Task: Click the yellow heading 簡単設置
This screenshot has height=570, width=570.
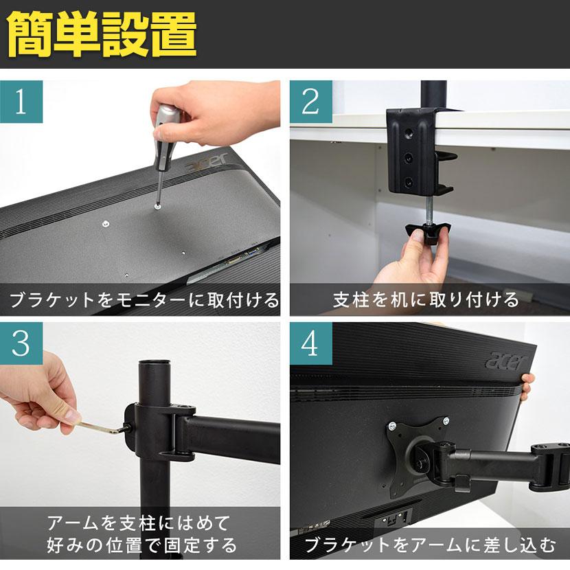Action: click(102, 34)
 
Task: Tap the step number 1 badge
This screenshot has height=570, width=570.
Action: click(21, 102)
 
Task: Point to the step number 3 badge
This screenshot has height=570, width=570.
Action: click(21, 343)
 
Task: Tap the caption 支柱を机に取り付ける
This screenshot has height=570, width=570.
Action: click(426, 300)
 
